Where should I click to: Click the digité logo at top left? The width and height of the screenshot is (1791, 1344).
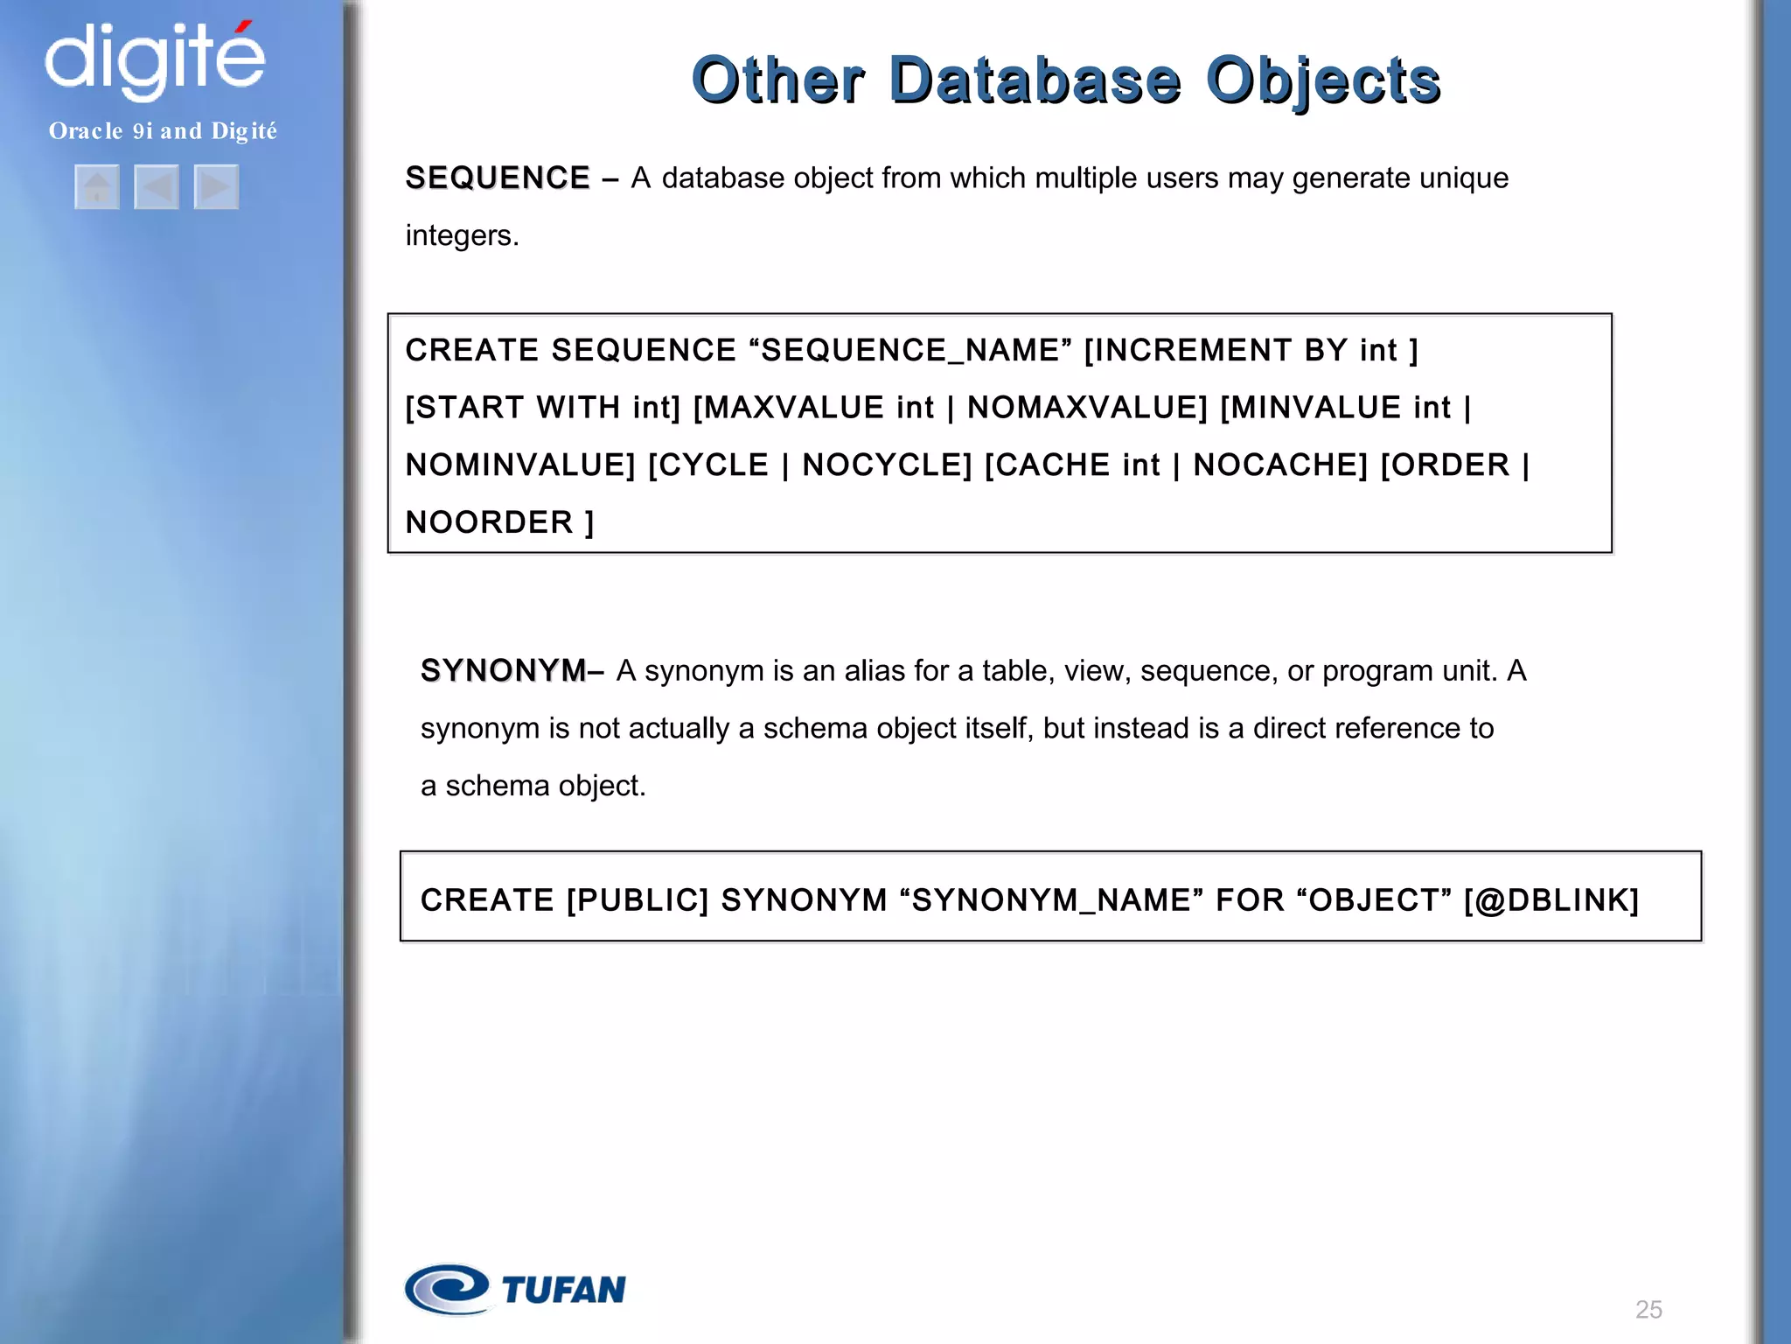(155, 59)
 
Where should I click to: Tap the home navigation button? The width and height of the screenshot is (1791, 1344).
(97, 187)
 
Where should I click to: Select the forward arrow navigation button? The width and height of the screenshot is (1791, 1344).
(216, 187)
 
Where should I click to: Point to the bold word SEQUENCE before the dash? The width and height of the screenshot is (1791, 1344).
(498, 178)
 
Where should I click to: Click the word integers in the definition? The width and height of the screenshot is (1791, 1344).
(462, 235)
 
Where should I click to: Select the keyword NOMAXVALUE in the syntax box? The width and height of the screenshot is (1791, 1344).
(1087, 408)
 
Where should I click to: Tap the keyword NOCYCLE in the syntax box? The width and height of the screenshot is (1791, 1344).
(887, 465)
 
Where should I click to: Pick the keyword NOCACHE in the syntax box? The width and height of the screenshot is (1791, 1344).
(1279, 465)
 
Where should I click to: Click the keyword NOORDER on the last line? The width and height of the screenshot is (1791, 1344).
(490, 522)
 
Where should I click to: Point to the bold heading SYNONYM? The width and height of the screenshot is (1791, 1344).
(503, 671)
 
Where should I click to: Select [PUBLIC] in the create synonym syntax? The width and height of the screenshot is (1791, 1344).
(638, 900)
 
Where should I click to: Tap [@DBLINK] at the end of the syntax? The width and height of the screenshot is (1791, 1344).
(1551, 900)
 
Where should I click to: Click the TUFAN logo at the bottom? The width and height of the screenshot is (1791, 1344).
(516, 1289)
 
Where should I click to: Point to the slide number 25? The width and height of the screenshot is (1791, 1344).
(1648, 1309)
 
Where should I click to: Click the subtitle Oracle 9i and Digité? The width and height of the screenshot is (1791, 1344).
(163, 131)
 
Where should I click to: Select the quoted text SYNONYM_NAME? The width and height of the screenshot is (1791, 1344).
(1051, 900)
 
